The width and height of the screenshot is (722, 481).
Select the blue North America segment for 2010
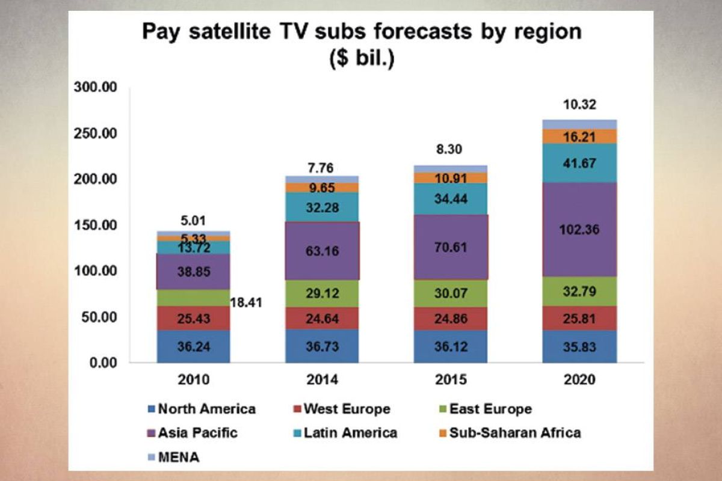193,347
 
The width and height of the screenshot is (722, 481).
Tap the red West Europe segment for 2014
322,318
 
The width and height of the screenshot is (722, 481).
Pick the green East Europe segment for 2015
450,293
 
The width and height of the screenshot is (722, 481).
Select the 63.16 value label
322,251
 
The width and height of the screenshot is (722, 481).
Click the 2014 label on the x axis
322,380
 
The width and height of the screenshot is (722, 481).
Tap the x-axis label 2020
579,380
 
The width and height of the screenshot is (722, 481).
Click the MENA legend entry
178,458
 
